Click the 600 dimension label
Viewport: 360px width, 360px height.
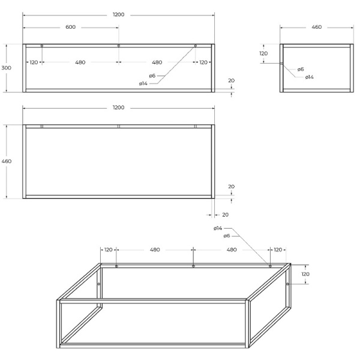pyautogui.click(x=71, y=27)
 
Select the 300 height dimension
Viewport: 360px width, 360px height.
pyautogui.click(x=7, y=68)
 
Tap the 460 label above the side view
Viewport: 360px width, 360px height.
pyautogui.click(x=316, y=27)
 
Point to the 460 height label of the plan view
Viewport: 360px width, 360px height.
pyautogui.click(x=7, y=161)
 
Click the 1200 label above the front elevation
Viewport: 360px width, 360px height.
pyautogui.click(x=118, y=14)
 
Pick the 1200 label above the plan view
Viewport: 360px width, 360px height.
pyautogui.click(x=118, y=108)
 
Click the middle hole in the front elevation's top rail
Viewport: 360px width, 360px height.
pyautogui.click(x=119, y=46)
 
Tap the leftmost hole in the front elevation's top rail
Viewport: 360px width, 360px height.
pyautogui.click(x=41, y=46)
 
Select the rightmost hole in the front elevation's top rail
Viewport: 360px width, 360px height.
pyautogui.click(x=196, y=46)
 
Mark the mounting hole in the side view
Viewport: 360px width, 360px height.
pyautogui.click(x=282, y=63)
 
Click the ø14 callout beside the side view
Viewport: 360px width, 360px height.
pyautogui.click(x=310, y=77)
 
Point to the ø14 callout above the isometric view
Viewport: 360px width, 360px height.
pyautogui.click(x=218, y=229)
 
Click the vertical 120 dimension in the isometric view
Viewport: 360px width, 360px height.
pyautogui.click(x=305, y=274)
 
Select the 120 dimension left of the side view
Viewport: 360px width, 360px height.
pyautogui.click(x=263, y=53)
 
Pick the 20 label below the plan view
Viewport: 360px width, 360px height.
pyautogui.click(x=226, y=214)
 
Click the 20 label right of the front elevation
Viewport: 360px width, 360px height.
pyautogui.click(x=232, y=80)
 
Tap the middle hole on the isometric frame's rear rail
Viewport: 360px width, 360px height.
pyautogui.click(x=193, y=266)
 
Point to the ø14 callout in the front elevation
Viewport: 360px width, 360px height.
pyautogui.click(x=143, y=83)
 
